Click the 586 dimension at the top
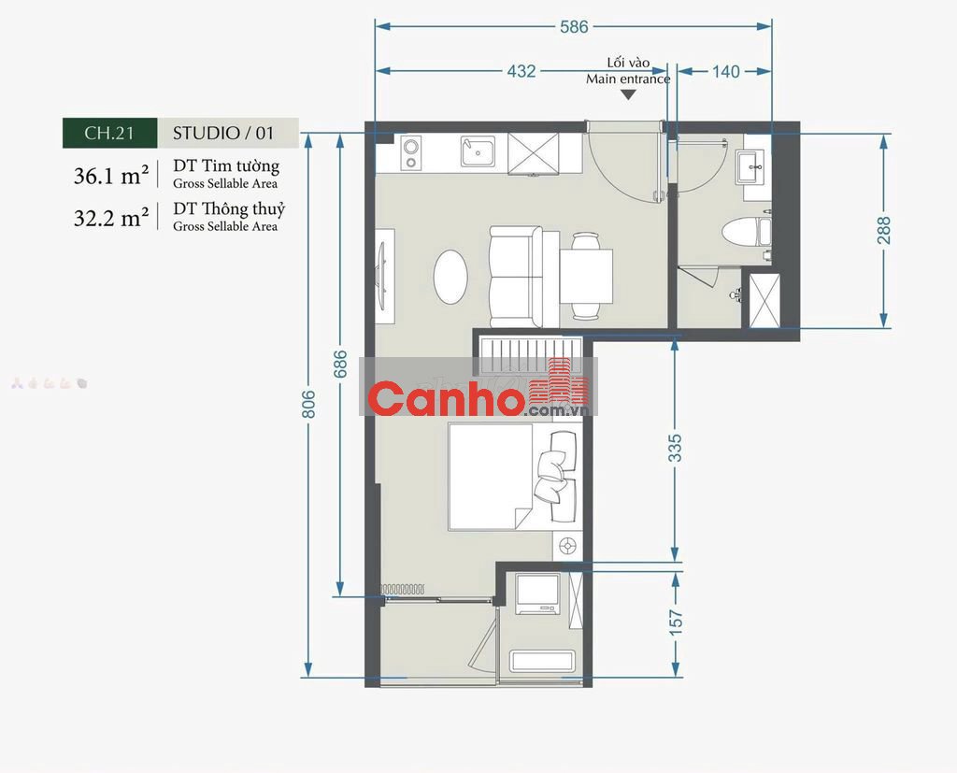coord(574,26)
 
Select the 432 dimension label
coord(521,71)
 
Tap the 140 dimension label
coord(725,71)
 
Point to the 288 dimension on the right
coord(884,230)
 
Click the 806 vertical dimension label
coord(308,404)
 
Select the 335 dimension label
coord(675,448)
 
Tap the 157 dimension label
coord(676,623)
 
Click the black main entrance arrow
coord(628,94)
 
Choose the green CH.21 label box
coord(110,133)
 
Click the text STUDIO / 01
coord(223,133)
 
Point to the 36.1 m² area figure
coord(111,176)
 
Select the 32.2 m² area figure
coord(111,218)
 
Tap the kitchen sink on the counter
coord(478,150)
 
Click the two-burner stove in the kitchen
coord(411,152)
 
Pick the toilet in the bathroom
coord(746,232)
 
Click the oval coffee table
coord(451,277)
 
